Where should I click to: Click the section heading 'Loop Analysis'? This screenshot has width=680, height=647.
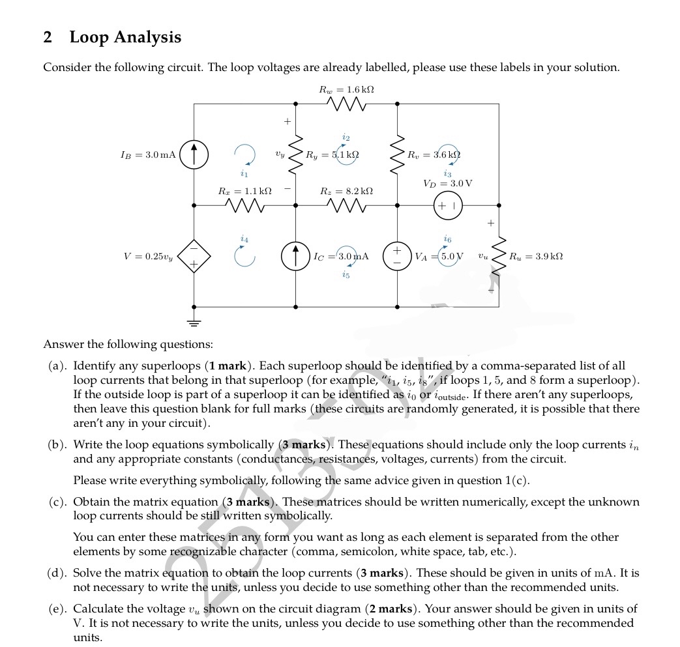tap(125, 37)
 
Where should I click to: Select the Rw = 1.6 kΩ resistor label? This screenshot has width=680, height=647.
tap(346, 89)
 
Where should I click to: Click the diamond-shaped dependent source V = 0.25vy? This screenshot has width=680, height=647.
tap(194, 255)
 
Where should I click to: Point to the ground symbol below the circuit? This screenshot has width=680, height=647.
tap(194, 323)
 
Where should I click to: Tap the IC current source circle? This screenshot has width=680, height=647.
tap(295, 256)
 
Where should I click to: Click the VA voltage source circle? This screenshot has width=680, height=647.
tap(397, 255)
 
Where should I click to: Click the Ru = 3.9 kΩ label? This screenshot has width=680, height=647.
tap(536, 256)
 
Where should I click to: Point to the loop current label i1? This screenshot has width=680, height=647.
tap(244, 174)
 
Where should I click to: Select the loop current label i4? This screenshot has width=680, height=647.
tap(244, 239)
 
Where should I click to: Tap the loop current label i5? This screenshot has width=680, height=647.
tap(346, 275)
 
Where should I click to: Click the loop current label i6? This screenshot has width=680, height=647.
tap(447, 239)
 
